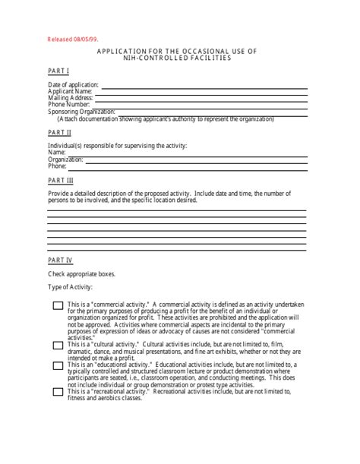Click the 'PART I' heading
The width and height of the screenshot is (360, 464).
58,71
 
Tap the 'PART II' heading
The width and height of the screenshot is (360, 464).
59,131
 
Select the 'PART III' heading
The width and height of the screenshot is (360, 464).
61,181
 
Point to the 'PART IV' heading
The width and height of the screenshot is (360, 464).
60,260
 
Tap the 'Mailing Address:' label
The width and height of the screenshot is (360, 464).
71,98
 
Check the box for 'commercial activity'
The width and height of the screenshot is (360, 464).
58,306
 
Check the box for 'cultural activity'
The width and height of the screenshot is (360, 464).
58,345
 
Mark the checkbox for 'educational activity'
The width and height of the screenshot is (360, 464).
58,365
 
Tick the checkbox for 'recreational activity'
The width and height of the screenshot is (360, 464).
58,392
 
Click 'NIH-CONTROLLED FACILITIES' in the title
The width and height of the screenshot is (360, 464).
177,57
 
